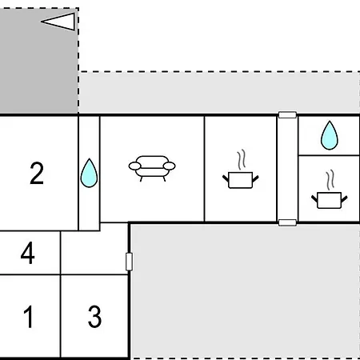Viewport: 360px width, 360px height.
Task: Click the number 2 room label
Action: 37,173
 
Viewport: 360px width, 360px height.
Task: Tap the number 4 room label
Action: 28,253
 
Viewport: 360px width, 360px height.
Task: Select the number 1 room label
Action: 28,317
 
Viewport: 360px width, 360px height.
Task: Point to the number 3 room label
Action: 94,317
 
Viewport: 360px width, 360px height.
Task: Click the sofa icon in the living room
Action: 152,168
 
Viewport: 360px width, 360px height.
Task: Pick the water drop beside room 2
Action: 89,173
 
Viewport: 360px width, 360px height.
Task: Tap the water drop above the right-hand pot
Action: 330,135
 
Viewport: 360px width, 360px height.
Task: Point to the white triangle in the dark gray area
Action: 60,22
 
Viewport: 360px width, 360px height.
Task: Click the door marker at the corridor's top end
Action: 287,115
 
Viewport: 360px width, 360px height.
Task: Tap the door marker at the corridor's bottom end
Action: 287,222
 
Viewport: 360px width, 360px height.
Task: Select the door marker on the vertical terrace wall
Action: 129,262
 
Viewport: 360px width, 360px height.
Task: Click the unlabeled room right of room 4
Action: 94,253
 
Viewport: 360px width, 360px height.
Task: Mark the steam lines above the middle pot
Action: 242,159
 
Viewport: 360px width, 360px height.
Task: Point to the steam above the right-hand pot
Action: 330,180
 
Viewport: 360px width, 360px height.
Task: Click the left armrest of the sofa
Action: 134,166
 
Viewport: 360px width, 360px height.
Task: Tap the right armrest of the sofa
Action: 170,166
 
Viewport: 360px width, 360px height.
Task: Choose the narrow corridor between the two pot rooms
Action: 287,169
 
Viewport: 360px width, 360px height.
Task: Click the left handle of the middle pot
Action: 226,178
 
